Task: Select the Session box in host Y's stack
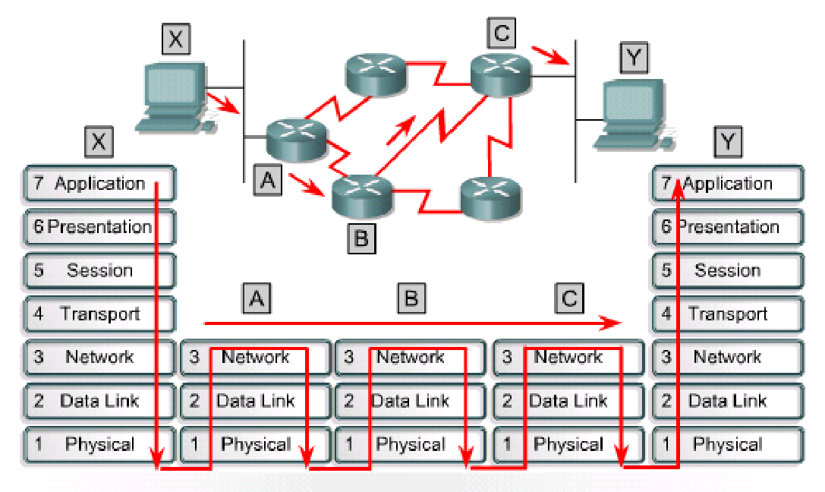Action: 727,271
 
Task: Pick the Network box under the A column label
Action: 255,358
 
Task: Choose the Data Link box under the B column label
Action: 410,401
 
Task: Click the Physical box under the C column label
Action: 568,445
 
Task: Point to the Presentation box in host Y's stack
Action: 727,227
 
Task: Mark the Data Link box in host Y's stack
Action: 727,401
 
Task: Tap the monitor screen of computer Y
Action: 628,106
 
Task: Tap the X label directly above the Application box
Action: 99,141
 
